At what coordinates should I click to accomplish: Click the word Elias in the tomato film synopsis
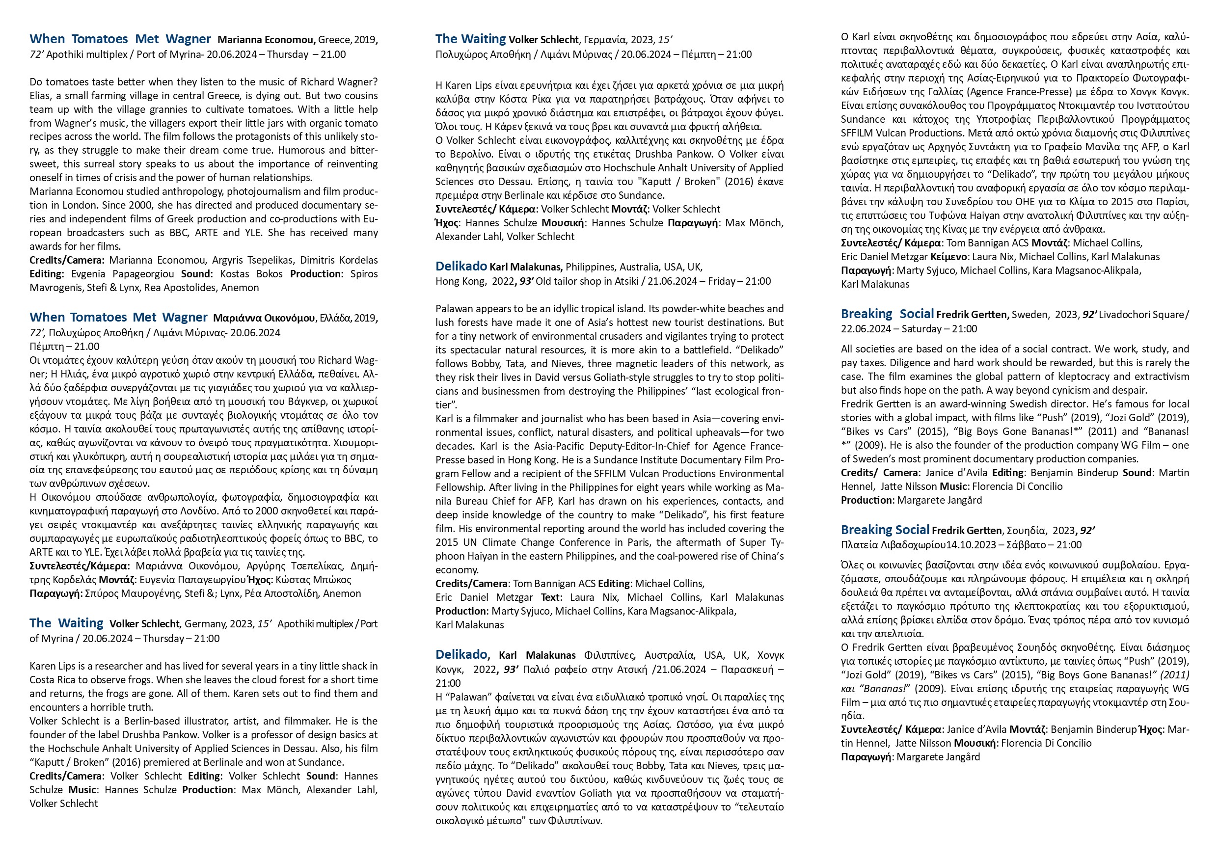[41, 96]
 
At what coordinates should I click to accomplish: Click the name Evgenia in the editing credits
[87, 274]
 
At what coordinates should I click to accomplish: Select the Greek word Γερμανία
[605, 40]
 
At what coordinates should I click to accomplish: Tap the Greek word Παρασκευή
[747, 670]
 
